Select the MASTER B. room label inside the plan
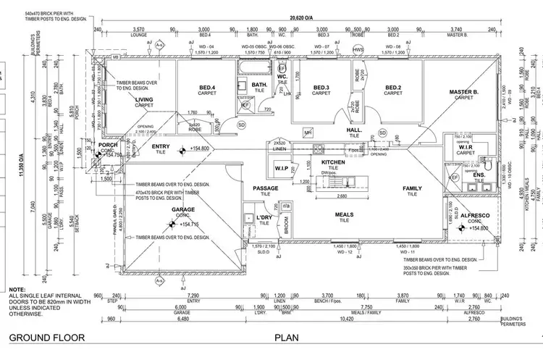tap(463, 92)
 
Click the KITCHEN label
tap(333, 162)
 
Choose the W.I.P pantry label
tap(282, 170)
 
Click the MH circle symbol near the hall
tap(308, 133)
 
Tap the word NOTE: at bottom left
tap(17, 289)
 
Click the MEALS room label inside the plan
tap(343, 215)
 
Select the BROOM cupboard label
tap(287, 227)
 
